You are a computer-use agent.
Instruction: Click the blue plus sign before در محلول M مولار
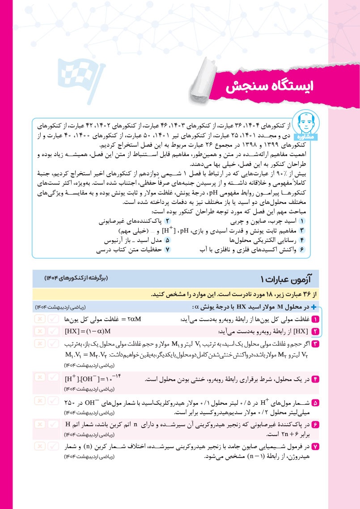(x=313, y=307)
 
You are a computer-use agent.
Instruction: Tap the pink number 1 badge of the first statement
(x=315, y=319)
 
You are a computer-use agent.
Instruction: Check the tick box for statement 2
(x=54, y=331)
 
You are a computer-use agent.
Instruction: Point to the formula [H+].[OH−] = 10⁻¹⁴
(x=93, y=379)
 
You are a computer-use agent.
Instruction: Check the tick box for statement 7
(x=54, y=446)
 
